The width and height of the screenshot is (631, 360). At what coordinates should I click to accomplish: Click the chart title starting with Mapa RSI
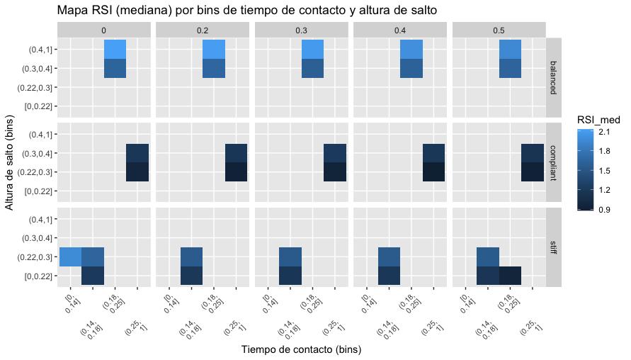pos(247,10)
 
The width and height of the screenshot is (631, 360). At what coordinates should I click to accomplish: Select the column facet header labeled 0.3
pos(302,30)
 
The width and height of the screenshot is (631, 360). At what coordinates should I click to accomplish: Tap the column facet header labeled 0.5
pos(499,30)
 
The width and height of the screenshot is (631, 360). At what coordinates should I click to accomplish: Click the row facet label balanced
pos(553,78)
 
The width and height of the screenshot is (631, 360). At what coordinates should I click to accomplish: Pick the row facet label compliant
pos(553,163)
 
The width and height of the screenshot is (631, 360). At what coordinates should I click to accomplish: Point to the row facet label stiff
pos(553,247)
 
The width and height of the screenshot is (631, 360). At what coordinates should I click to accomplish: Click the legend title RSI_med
pos(598,120)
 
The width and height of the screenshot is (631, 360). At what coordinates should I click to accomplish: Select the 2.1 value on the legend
pos(604,132)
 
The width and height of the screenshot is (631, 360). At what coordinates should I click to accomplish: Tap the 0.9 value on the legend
pos(604,209)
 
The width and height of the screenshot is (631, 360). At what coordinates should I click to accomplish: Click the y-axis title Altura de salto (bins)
pos(9,162)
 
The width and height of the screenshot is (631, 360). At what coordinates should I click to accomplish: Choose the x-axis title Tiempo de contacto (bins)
pos(302,349)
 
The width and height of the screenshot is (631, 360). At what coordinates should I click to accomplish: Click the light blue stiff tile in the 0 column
pos(70,257)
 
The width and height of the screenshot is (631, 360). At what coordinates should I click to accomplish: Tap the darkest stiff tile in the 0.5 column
pos(510,276)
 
